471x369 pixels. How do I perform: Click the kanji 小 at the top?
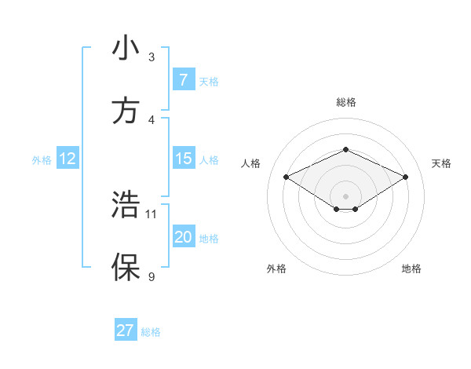126,49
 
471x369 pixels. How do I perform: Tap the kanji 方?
126,111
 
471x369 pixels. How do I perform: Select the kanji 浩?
126,206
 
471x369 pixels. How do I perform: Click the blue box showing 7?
183,79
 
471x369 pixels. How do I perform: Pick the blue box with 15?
183,159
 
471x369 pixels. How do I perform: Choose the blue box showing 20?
183,237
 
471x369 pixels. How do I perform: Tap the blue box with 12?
68,159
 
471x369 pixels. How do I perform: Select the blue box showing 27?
126,331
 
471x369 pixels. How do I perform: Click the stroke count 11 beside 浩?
152,214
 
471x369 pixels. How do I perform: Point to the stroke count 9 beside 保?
152,276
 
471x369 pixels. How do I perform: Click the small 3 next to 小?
152,57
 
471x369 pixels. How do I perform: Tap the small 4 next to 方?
152,119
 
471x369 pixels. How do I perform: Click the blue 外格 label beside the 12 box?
42,159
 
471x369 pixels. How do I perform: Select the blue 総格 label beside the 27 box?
151,332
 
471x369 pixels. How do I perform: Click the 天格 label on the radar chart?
441,163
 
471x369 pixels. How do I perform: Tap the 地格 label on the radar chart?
411,269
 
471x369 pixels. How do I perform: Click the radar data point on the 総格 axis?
345,149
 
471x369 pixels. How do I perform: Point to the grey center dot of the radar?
345,195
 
